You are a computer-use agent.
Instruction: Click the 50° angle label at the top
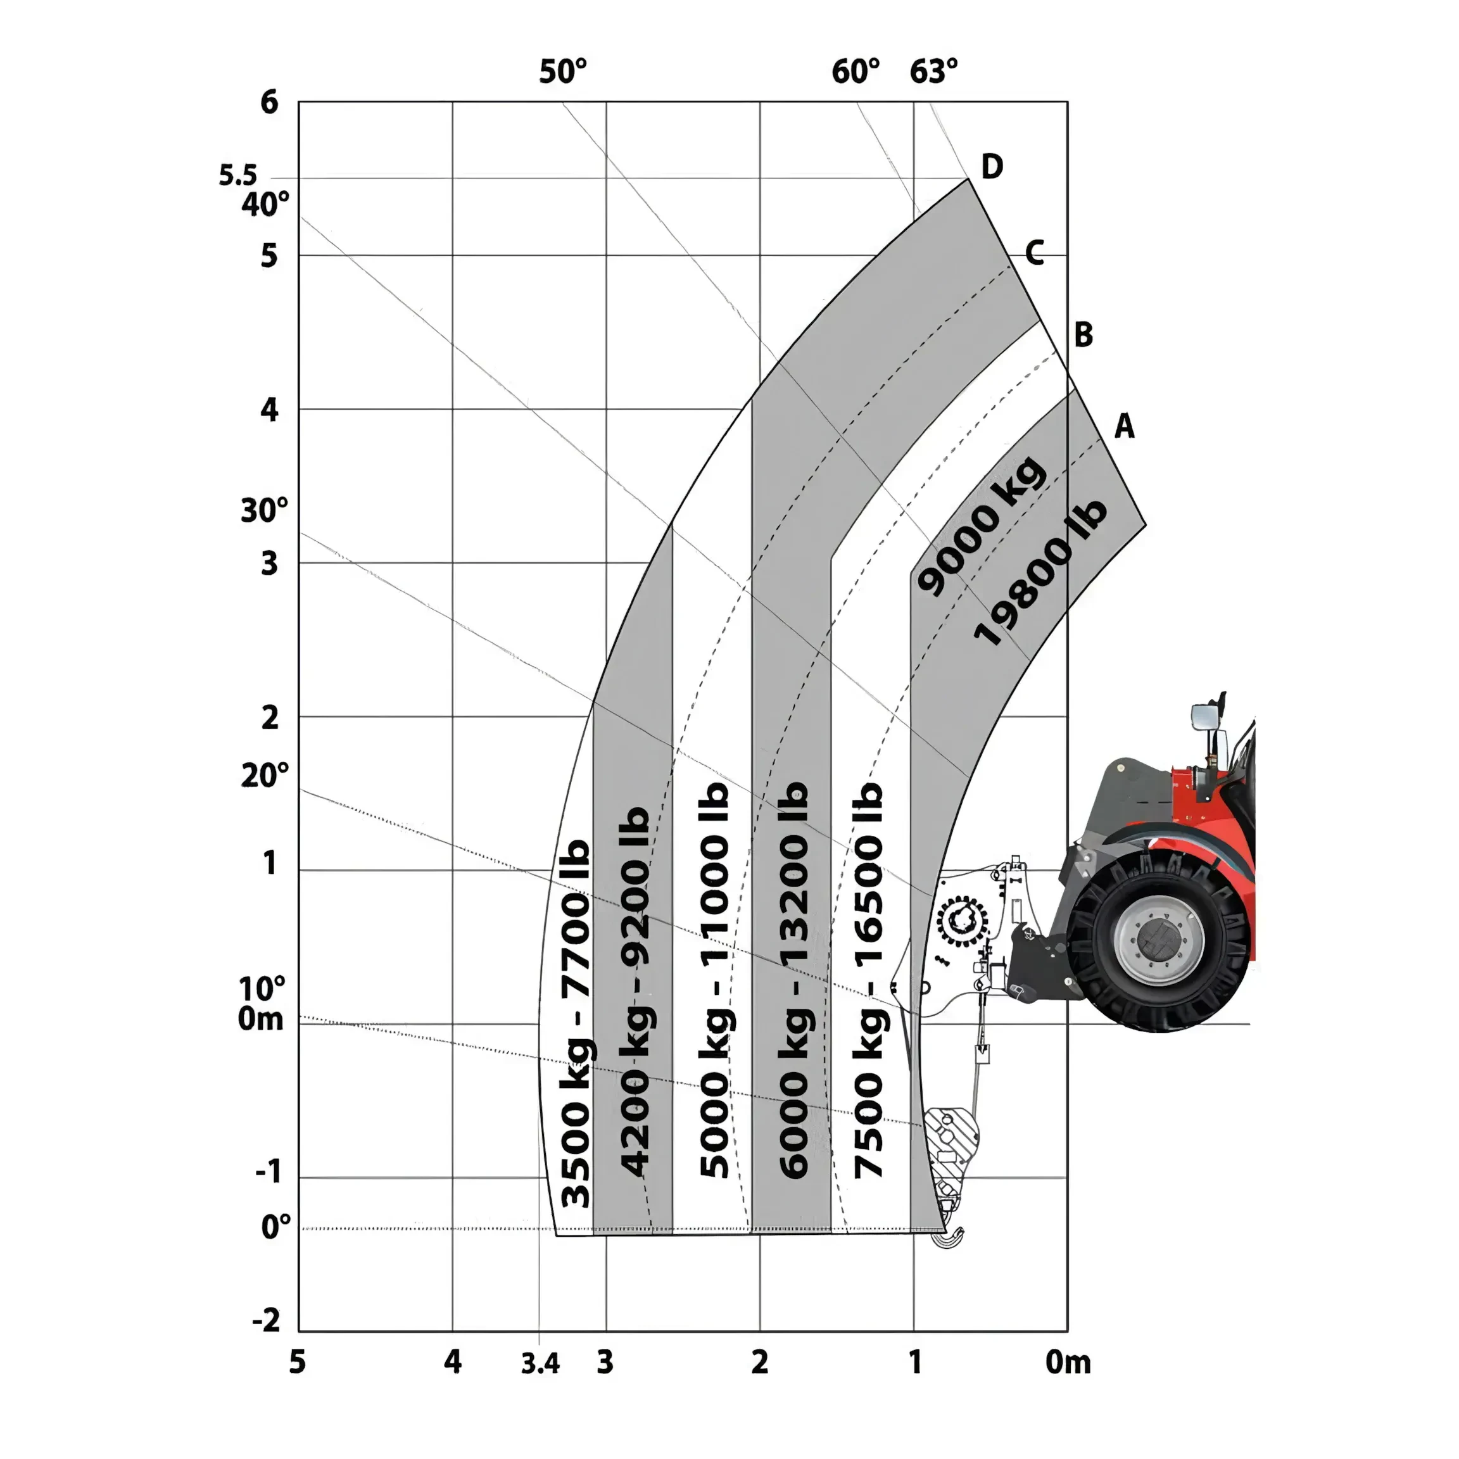click(562, 72)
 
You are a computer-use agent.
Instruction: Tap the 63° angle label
click(933, 72)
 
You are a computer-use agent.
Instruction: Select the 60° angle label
click(856, 72)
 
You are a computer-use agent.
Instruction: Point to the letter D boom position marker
click(992, 166)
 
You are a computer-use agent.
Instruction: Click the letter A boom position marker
click(1125, 427)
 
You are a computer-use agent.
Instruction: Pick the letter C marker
click(1035, 253)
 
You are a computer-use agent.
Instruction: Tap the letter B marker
click(1083, 334)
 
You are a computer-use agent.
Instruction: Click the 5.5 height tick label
click(238, 175)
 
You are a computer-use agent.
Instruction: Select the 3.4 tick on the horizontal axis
click(540, 1364)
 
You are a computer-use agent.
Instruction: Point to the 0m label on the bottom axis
click(1068, 1362)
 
